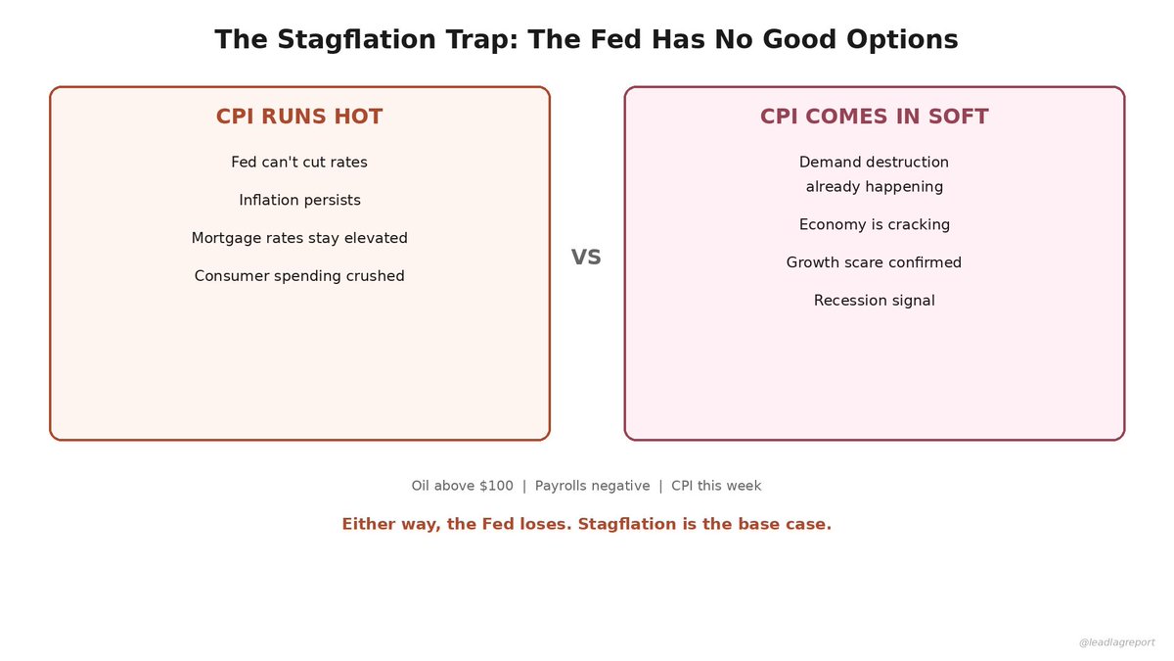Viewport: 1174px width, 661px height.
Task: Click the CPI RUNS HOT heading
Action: [x=299, y=117]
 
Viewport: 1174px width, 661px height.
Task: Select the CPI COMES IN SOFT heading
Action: [x=874, y=117]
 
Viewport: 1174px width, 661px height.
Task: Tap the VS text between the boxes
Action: [x=586, y=258]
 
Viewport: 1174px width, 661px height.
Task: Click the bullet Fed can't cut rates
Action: [x=299, y=163]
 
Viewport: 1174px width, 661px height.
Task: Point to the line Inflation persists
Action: [x=299, y=201]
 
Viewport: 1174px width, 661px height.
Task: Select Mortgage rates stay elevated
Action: [x=299, y=238]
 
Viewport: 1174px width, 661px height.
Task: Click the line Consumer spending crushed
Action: [x=299, y=276]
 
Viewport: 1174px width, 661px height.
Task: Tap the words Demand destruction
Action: [x=874, y=163]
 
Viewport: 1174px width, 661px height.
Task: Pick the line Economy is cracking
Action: [x=874, y=225]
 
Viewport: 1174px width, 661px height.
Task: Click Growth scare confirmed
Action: [x=874, y=262]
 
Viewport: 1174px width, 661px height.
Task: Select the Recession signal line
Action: [x=874, y=301]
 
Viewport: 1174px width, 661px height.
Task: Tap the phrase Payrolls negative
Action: [x=592, y=486]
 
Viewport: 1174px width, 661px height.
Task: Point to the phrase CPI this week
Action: [x=716, y=486]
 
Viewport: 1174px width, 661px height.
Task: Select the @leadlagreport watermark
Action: [x=1116, y=642]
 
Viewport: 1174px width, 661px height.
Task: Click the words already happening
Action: [x=874, y=187]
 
